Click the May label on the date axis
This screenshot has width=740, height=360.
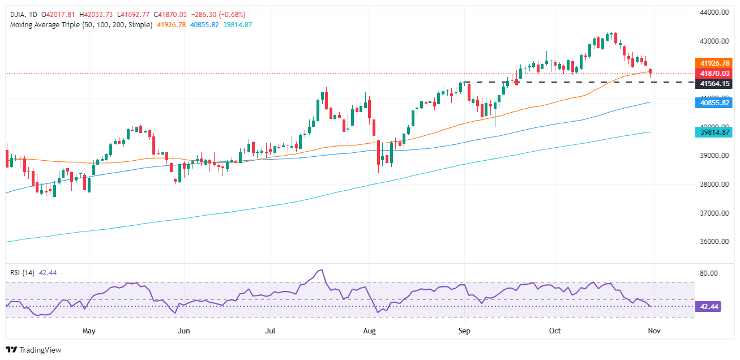88,330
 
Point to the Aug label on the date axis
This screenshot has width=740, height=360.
370,330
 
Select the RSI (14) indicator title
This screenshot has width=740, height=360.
22,273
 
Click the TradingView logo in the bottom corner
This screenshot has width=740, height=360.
33,350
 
